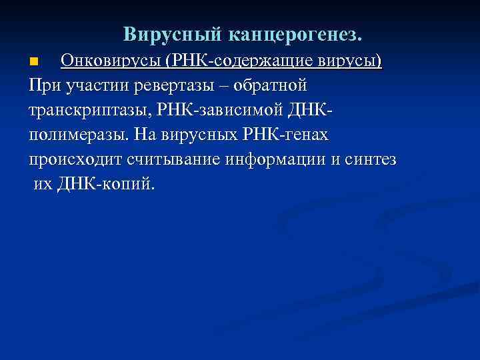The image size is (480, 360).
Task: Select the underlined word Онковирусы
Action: tap(113, 61)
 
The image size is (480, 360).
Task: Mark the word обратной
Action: tap(277, 86)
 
